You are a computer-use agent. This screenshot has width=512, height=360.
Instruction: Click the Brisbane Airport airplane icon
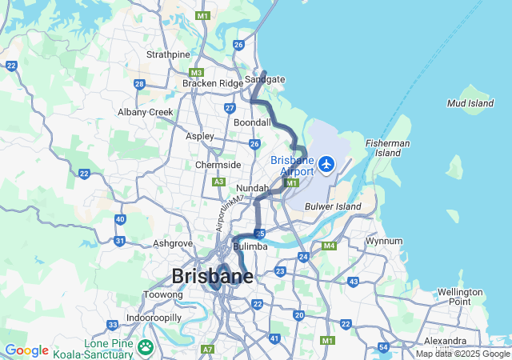tap(326, 164)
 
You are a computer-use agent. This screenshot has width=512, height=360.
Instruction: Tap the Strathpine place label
tap(168, 54)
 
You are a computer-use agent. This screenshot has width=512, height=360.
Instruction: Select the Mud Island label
tap(470, 103)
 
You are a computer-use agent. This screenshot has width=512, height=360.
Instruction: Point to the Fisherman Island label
tap(382, 147)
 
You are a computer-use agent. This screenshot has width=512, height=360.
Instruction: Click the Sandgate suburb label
tap(265, 79)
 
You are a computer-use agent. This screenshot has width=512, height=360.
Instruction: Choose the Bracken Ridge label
tap(212, 83)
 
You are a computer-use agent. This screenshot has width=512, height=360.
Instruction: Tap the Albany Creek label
tap(146, 112)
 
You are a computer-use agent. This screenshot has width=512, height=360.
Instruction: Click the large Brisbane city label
tap(212, 276)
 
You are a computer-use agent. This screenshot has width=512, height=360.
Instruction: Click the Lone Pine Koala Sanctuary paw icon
tap(146, 346)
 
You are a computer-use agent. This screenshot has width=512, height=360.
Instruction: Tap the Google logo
tap(26, 350)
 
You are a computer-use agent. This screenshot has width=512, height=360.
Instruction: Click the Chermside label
tap(218, 165)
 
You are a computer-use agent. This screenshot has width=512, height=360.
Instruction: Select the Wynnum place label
tap(383, 241)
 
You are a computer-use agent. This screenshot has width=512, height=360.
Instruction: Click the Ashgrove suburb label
tap(172, 242)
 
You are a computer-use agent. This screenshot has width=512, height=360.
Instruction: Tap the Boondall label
tap(252, 122)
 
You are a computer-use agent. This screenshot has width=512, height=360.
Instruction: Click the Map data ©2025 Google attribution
tap(462, 354)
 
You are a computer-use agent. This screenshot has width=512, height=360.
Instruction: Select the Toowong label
tap(162, 294)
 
